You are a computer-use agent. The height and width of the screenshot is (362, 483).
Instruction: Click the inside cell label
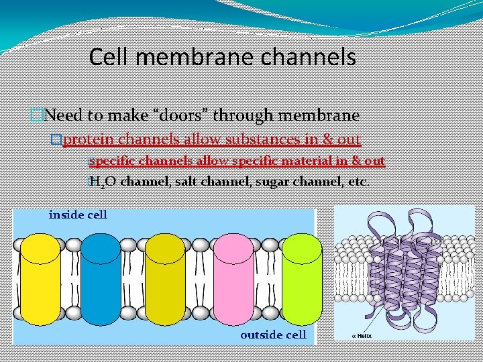pos(78,215)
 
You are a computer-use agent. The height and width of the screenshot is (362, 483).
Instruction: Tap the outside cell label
pos(273,334)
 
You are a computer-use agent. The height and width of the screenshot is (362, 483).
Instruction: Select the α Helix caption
pos(362,335)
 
